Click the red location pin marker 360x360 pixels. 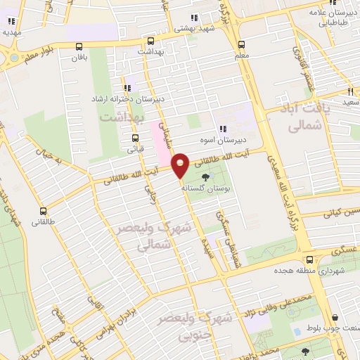pos(181,165)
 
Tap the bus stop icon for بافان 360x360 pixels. pos(79,46)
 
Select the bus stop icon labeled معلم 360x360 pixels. pos(241,41)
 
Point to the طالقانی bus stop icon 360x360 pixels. pos(44,210)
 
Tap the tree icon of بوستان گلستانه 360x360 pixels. pos(205,177)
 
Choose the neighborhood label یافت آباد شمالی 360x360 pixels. pos(304,118)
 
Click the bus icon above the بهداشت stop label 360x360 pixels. pos(150,41)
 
